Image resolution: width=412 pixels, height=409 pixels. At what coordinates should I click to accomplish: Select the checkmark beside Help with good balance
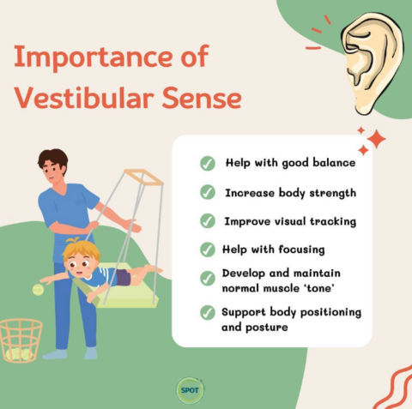[x=208, y=163]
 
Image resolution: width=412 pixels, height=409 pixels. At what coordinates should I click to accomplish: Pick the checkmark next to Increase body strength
[x=208, y=192]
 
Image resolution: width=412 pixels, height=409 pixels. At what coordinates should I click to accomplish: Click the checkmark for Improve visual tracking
[x=208, y=220]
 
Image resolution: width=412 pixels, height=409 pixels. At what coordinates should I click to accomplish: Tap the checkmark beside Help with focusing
[x=208, y=250]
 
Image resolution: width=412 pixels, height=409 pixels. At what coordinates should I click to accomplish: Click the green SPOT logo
[x=188, y=388]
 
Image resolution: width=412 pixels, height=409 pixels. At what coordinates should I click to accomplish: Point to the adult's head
[x=53, y=165]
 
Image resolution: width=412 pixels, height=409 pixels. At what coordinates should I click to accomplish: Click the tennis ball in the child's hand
[x=38, y=290]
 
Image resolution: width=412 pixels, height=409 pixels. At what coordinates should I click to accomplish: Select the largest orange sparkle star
[x=375, y=138]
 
